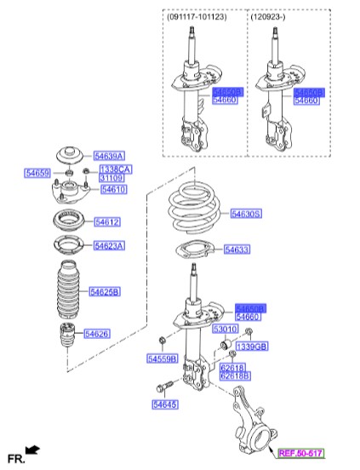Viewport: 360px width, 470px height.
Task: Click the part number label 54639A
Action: coord(109,156)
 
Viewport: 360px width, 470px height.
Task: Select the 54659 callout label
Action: coord(37,174)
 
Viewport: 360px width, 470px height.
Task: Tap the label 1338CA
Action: coord(115,169)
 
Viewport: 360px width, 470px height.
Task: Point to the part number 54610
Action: coord(113,190)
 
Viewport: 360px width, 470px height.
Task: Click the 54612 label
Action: coord(107,221)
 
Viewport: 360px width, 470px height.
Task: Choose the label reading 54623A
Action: coord(109,245)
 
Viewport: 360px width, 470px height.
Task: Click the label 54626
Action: coord(96,333)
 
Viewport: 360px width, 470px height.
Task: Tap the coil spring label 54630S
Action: coord(246,214)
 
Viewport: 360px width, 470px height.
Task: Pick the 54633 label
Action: coord(237,249)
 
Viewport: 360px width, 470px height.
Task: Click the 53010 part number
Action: coord(225,328)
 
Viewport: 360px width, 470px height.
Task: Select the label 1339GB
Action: coord(251,347)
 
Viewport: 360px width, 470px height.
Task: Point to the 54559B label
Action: coord(162,359)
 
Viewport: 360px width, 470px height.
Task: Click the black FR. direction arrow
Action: coord(32,449)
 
